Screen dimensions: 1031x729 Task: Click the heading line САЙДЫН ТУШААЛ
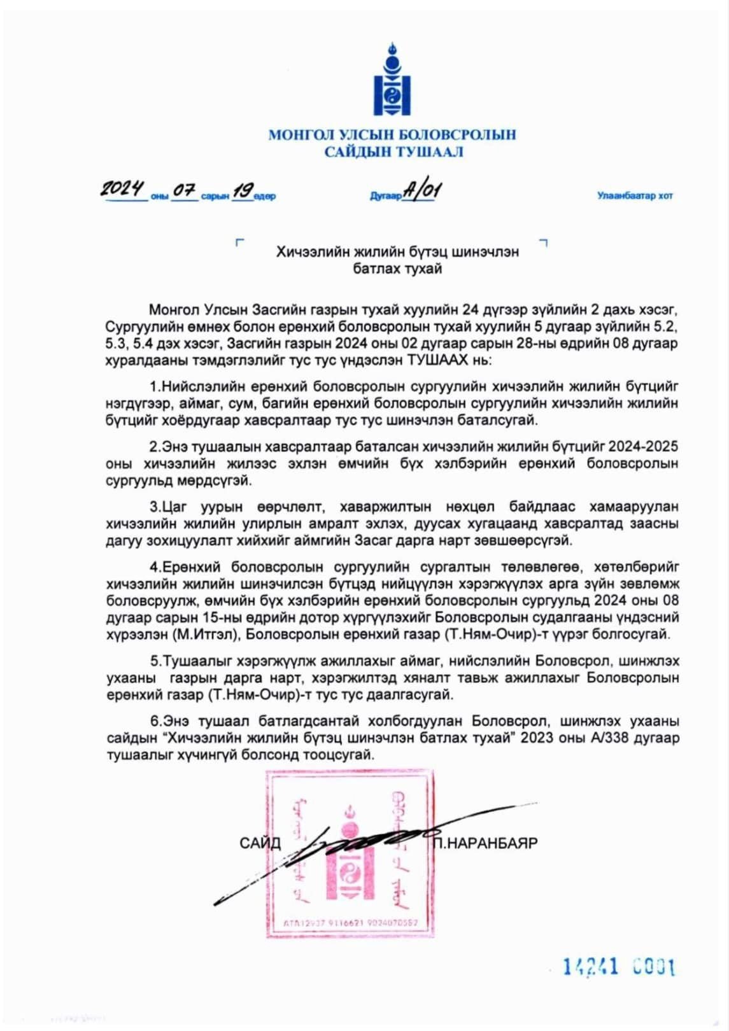tap(393, 152)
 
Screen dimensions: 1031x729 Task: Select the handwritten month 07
tap(184, 190)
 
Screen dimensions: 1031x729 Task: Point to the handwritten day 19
tap(242, 190)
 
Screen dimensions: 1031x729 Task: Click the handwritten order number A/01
tap(421, 190)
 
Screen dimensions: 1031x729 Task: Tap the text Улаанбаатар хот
tap(635, 196)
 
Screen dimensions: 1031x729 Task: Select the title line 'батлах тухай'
tap(397, 269)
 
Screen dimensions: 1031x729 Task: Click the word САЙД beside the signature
tap(260, 844)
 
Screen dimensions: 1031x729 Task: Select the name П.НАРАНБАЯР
tap(485, 844)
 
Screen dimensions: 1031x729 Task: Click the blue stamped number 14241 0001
tap(619, 968)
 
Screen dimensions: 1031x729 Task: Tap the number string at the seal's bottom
tap(350, 923)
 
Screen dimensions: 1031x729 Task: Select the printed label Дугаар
tap(385, 197)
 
